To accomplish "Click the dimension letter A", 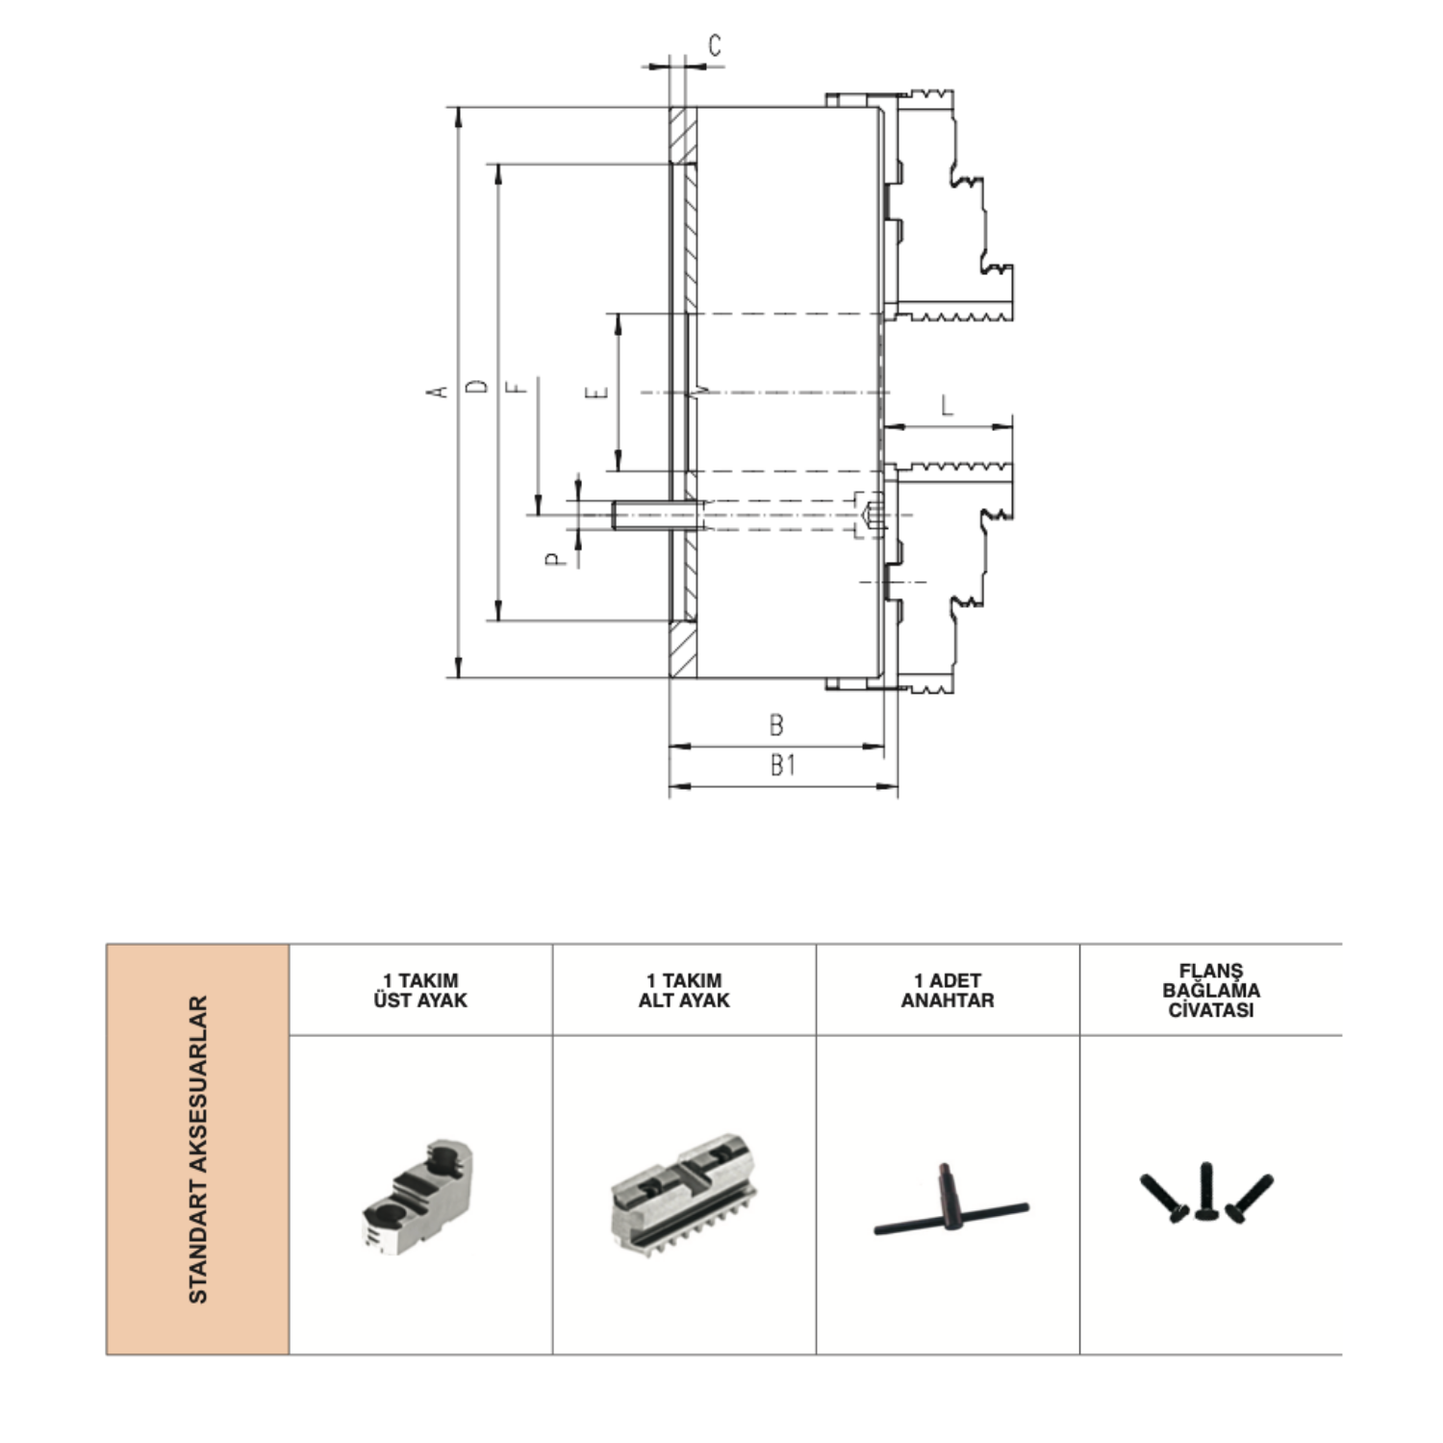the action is (439, 391).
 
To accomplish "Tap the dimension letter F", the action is (518, 387).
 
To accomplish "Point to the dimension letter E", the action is (598, 392).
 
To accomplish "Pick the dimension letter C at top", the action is (715, 45).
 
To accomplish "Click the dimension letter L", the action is (947, 405).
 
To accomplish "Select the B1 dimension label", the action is (783, 765).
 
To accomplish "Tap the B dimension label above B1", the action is (776, 725).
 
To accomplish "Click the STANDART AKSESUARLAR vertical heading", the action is (197, 1150).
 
